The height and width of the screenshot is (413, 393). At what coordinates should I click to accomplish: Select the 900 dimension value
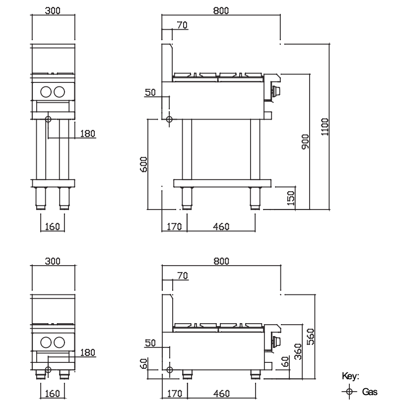click(305, 141)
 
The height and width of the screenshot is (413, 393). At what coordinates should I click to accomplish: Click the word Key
click(349, 376)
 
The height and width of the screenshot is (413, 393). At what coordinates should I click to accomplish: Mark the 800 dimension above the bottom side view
click(221, 262)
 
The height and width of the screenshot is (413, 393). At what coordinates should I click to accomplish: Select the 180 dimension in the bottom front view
click(87, 352)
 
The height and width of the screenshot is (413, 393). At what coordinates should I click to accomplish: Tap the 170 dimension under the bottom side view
click(174, 394)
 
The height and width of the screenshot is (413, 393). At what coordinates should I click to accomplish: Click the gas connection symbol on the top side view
click(169, 120)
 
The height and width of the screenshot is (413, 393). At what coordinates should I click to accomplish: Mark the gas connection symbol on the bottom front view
click(48, 370)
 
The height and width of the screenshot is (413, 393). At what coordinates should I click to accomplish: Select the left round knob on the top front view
click(46, 91)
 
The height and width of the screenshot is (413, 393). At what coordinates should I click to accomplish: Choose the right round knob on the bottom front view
click(59, 342)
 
